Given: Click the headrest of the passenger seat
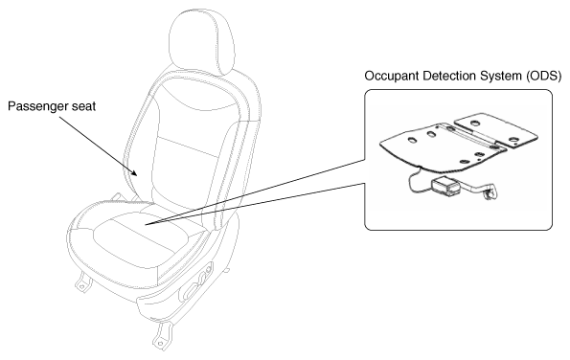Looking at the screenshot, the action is [x=202, y=40].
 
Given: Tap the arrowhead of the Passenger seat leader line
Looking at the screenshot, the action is [x=135, y=172].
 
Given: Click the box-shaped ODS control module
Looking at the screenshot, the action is [x=445, y=187].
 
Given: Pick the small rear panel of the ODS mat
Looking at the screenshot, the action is [x=496, y=130].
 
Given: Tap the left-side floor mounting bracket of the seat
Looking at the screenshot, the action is [x=83, y=281].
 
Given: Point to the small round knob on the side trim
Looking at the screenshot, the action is [x=209, y=270].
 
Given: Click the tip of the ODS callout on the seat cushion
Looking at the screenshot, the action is [x=146, y=224].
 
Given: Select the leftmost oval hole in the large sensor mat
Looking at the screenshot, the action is [x=413, y=140].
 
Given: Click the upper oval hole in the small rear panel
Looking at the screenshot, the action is [x=474, y=123].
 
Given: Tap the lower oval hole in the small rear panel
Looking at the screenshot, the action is [x=514, y=140].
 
